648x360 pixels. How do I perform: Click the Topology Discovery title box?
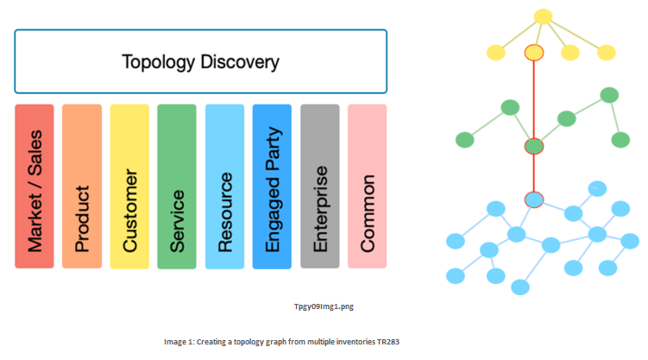pos(201,61)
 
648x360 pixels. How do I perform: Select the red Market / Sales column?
pos(35,186)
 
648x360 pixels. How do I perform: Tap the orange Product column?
pos(82,186)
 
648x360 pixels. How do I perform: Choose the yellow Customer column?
pos(129,186)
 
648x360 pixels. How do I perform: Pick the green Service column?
pos(177,186)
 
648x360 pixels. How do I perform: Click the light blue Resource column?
pos(225,186)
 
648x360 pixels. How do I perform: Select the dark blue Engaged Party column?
pos(272,186)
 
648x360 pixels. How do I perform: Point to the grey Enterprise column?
pos(320,186)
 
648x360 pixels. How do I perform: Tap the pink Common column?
pos(367,186)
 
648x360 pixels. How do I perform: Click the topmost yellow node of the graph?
pos(543,16)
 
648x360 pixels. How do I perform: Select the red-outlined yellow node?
pos(534,53)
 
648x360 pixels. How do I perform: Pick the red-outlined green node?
pos(534,146)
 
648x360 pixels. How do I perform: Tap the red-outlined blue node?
pos(534,199)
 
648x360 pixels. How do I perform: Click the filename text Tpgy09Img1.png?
pos(324,306)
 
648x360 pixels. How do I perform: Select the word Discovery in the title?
pos(240,62)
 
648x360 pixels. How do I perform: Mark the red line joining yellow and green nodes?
pos(534,99)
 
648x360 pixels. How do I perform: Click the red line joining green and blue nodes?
pos(534,174)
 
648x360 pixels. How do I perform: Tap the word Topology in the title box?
pos(158,63)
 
